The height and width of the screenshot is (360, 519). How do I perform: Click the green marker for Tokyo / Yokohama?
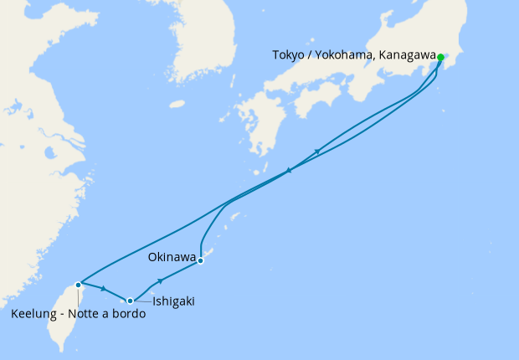coord(440,58)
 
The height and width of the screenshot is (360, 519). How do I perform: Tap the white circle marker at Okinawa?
coord(201,260)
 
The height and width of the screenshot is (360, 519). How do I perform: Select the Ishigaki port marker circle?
coord(130,301)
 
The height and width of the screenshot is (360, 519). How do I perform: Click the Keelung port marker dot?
coord(78,285)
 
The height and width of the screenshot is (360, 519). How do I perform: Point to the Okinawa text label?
coord(172,256)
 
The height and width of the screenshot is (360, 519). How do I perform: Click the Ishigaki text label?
coord(173,301)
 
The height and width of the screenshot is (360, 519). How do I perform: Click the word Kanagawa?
coord(408,55)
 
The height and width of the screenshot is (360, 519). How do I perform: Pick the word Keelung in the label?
coord(34,315)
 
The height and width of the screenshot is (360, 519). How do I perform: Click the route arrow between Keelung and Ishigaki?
coord(104,290)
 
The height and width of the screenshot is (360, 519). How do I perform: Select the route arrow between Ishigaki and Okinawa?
coord(160,281)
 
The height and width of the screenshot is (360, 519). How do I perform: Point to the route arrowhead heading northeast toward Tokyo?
coord(318,152)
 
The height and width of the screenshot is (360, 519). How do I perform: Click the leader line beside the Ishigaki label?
coord(141,301)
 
